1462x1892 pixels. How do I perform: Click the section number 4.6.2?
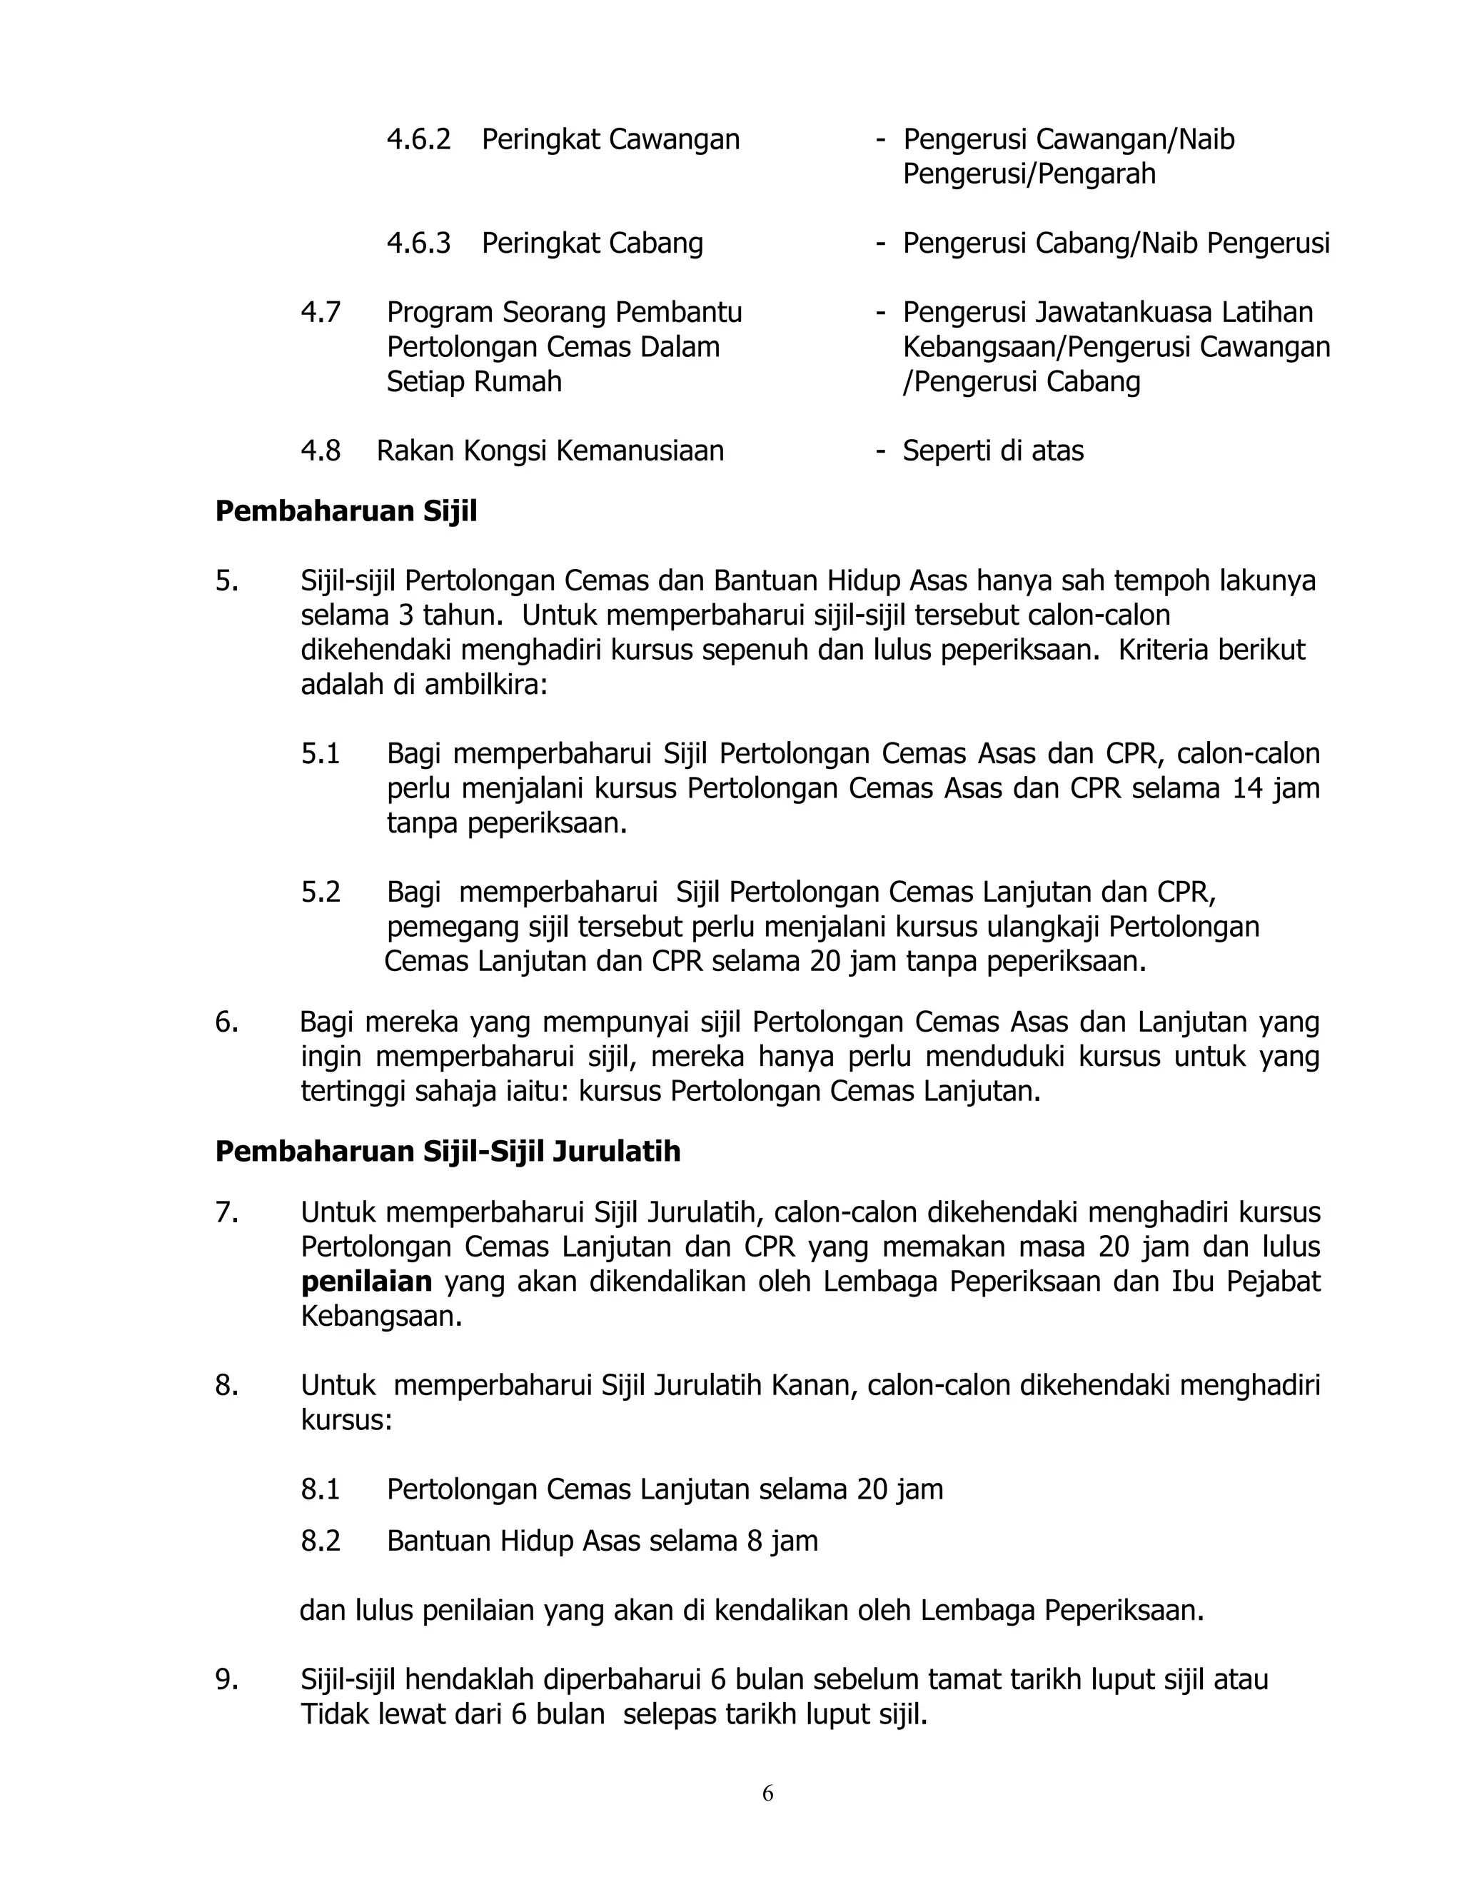pyautogui.click(x=418, y=139)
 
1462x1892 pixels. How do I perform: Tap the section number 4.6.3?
pyautogui.click(x=418, y=243)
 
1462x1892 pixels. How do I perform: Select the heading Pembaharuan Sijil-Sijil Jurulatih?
pyautogui.click(x=448, y=1152)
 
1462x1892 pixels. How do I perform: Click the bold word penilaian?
pyautogui.click(x=366, y=1282)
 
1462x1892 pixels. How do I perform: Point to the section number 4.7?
pyautogui.click(x=321, y=313)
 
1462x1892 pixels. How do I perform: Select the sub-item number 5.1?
pyautogui.click(x=321, y=754)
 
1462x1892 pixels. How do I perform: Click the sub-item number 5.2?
pyautogui.click(x=321, y=892)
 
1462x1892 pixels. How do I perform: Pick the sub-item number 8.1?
pyautogui.click(x=321, y=1489)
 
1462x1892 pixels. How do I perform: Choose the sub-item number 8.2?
pyautogui.click(x=321, y=1541)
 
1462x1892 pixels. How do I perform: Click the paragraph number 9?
pyautogui.click(x=227, y=1680)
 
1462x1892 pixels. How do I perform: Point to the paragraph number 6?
pyautogui.click(x=227, y=1022)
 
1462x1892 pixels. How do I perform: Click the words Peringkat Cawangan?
pyautogui.click(x=610, y=139)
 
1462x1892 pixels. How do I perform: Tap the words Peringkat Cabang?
pyautogui.click(x=593, y=243)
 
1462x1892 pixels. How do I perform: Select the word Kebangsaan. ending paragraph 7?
pyautogui.click(x=381, y=1316)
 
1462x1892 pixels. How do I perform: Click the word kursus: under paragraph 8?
pyautogui.click(x=346, y=1420)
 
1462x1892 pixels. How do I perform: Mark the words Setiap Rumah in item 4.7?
pyautogui.click(x=474, y=382)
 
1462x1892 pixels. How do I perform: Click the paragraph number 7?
pyautogui.click(x=227, y=1212)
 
